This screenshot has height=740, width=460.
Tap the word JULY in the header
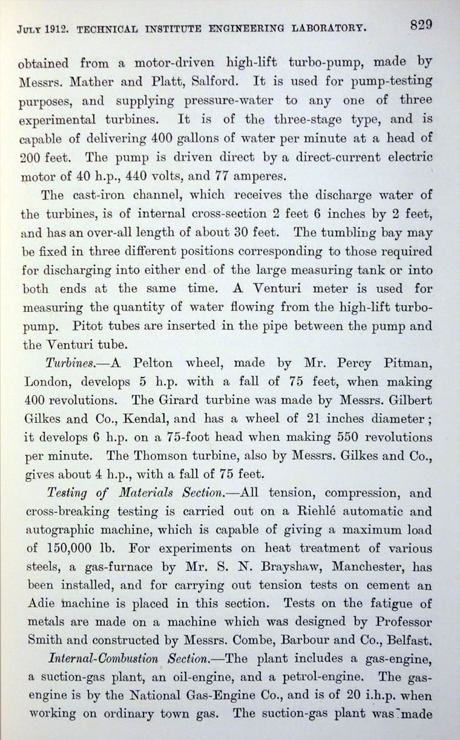pyautogui.click(x=31, y=28)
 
